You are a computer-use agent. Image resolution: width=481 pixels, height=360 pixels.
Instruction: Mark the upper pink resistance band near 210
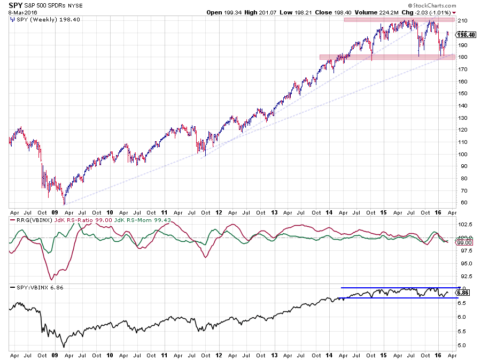pos(399,20)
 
